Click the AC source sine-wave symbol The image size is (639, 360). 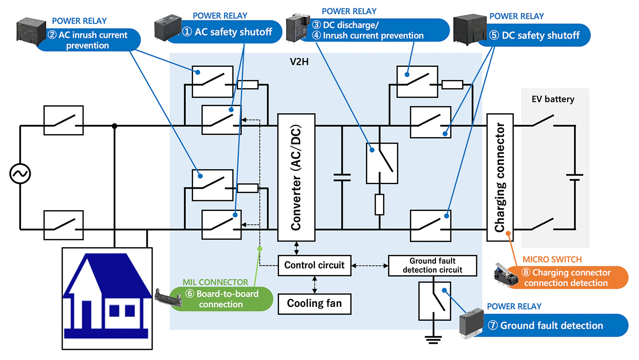20,174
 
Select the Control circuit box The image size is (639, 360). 314,265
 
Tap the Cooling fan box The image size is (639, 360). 314,304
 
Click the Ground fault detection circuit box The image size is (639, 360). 432,265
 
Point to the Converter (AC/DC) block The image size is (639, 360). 296,177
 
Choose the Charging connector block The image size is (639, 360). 500,177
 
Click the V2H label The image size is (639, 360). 299,62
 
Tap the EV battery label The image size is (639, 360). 553,99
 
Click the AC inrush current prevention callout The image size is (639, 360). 89,40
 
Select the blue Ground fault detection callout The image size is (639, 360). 551,325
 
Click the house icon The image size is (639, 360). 107,299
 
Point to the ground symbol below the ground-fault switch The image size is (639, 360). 433,339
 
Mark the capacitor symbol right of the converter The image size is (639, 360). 342,177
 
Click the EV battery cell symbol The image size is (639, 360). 575,177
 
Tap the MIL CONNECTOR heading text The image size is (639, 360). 215,282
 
